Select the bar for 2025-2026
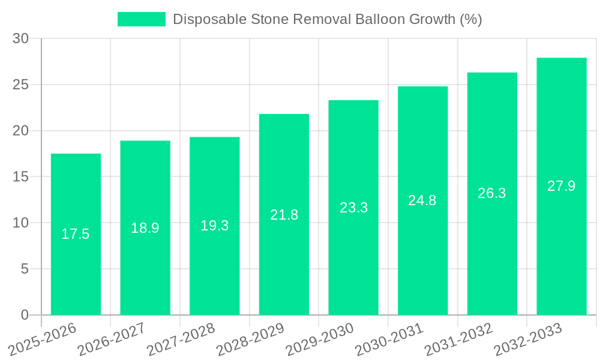[76, 234]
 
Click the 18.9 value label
[145, 228]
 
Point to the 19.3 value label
[214, 226]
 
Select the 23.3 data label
[353, 208]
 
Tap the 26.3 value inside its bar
[492, 193]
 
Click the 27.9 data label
[562, 186]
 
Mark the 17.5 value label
[76, 234]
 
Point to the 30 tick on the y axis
[20, 39]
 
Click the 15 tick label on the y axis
[20, 177]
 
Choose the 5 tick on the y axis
[25, 269]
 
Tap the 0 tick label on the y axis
[25, 315]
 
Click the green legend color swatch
[141, 19]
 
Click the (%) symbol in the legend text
[470, 19]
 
